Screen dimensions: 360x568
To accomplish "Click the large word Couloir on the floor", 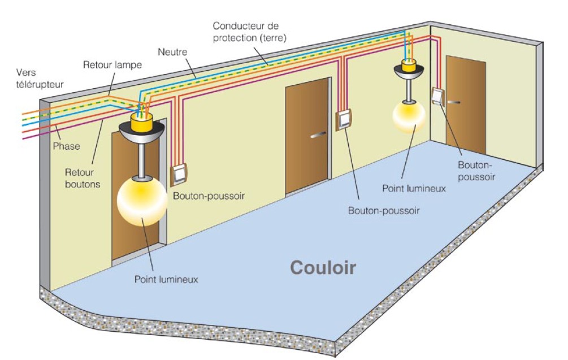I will pos(323,267).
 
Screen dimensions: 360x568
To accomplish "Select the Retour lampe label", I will pos(112,64).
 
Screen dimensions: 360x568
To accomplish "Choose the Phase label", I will pos(67,146).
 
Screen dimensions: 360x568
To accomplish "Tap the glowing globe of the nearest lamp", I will pos(141,200).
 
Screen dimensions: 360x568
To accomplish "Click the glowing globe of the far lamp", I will pos(409,116).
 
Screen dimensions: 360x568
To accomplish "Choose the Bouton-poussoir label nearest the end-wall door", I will pos(477,171).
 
